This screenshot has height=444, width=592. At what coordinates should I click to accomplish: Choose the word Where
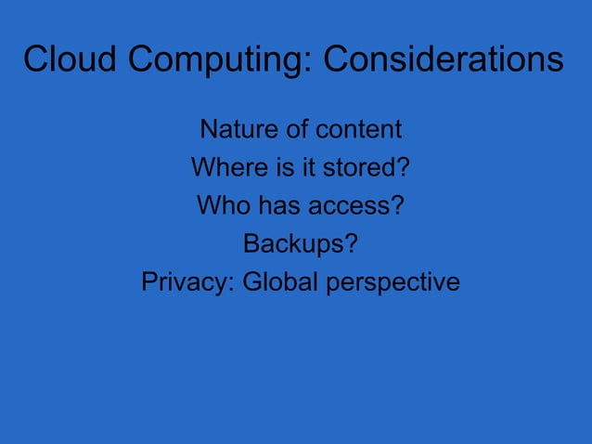coord(224,167)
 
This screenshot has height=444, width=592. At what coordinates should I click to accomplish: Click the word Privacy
coord(186,281)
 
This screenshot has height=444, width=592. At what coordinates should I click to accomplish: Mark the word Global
coord(279,281)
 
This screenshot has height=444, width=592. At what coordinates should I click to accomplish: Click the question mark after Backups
coord(352,243)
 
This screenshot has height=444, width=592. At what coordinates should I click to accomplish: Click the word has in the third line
coord(273,205)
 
